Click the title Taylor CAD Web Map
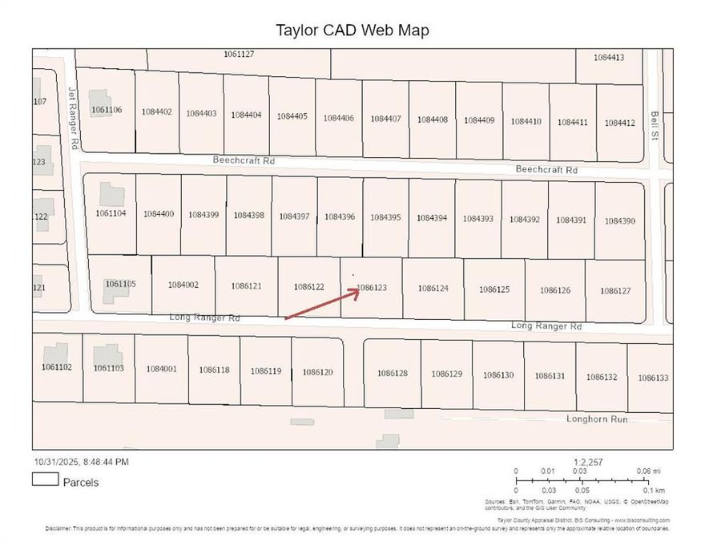[x=352, y=30]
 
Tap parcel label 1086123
[x=372, y=287]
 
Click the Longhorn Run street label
[x=597, y=419]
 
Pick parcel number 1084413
[x=608, y=58]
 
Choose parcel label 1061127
[x=239, y=55]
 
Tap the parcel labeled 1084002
[x=183, y=285]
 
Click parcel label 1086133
[x=652, y=378]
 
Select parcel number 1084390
[x=619, y=220]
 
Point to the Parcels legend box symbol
[x=45, y=479]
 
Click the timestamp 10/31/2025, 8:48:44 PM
[x=80, y=462]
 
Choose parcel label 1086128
[x=393, y=373]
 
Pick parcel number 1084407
[x=385, y=119]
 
